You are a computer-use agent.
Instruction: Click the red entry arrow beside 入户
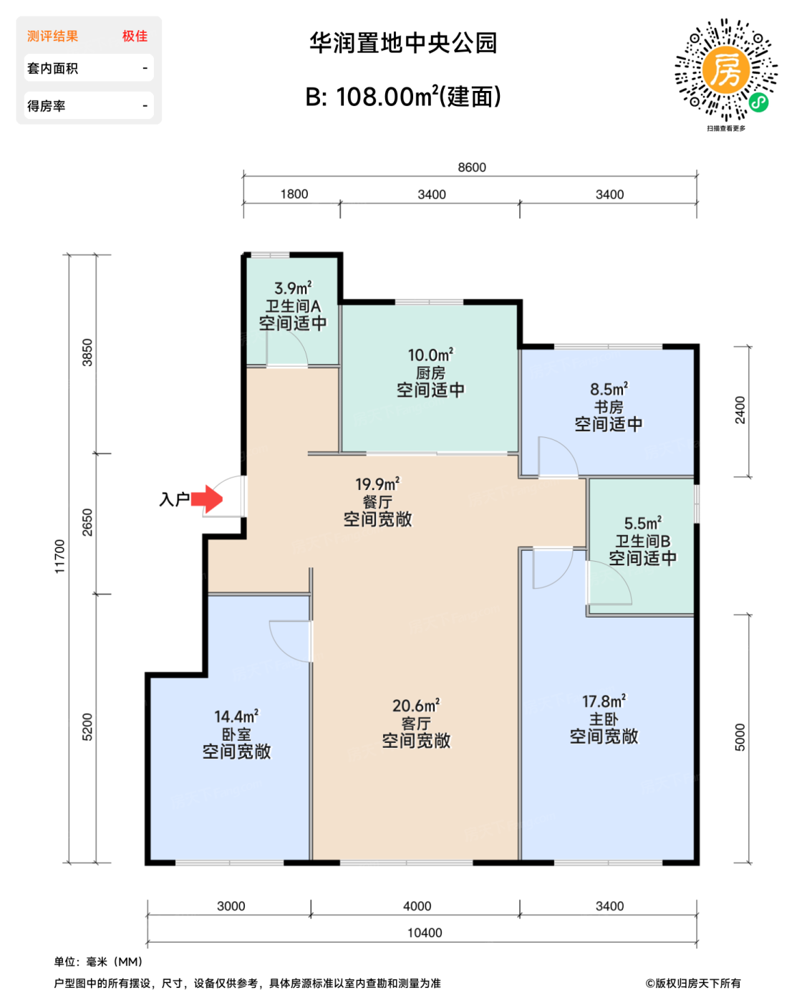[207, 499]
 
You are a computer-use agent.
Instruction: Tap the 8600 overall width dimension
[472, 168]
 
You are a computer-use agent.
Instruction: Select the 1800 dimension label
[294, 194]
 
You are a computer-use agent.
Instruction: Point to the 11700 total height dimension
[59, 556]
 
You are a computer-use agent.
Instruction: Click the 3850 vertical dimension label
[87, 352]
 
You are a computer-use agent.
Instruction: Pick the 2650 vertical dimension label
[87, 522]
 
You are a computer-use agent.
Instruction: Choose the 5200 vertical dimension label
[87, 726]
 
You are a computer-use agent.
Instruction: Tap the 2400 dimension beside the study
[740, 410]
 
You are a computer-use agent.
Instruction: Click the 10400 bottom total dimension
[425, 933]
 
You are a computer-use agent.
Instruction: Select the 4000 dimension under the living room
[417, 906]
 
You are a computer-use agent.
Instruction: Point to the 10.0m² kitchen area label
[430, 355]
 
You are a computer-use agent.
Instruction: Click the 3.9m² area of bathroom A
[293, 288]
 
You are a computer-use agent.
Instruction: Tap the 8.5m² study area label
[609, 389]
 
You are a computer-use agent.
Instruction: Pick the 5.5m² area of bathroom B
[642, 523]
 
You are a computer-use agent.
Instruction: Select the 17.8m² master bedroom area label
[604, 701]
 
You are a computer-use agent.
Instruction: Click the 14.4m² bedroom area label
[236, 716]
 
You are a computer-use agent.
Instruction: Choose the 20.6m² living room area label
[416, 705]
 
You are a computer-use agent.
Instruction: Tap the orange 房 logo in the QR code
[726, 70]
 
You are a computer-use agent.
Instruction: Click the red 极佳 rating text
[135, 36]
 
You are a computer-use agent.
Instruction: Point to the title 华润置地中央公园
[404, 43]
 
